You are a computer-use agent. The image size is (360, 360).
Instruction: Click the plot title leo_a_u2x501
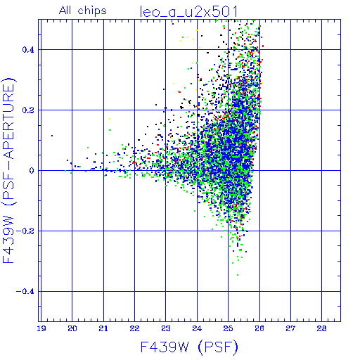189,12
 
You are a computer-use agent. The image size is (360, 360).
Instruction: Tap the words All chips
83,11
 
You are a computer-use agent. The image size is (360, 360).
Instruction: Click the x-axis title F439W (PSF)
189,347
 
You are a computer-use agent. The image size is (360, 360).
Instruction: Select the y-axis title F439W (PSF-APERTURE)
8,170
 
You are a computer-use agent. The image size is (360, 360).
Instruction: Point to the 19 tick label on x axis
41,328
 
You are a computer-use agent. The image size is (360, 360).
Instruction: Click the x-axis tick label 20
72,328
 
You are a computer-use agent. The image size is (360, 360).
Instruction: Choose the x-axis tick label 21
103,328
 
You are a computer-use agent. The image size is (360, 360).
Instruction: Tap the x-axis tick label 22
134,328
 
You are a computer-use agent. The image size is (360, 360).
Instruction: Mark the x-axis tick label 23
166,328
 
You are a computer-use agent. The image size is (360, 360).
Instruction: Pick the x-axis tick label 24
197,328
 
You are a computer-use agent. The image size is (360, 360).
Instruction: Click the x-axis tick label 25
228,328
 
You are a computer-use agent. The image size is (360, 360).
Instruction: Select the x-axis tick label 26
259,328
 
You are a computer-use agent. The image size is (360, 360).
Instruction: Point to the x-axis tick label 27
290,328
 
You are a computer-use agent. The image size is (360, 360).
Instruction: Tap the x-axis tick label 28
321,328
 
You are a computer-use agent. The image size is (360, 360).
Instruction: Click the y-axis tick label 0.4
28,50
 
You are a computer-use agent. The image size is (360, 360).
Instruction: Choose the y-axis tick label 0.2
28,110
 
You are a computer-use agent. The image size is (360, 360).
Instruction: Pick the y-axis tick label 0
32,170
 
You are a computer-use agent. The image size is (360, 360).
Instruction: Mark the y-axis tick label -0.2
25,231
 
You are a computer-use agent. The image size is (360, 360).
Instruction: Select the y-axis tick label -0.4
25,292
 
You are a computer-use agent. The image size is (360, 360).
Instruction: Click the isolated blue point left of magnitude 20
52,136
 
